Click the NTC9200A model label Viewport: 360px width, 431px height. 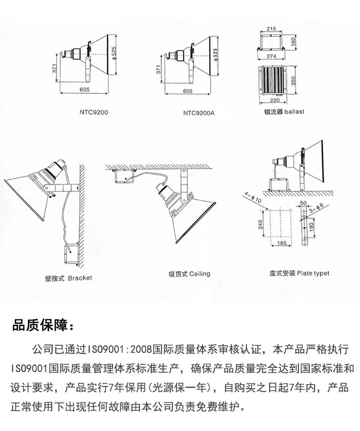point(198,113)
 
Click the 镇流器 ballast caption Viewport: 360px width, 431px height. point(284,112)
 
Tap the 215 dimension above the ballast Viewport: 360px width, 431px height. point(271,28)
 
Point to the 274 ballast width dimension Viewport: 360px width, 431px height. point(271,56)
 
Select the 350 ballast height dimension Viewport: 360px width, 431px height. point(293,81)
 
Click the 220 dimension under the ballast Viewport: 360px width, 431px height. point(274,100)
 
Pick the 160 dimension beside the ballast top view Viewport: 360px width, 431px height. point(293,41)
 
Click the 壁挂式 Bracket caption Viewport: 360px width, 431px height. point(69,278)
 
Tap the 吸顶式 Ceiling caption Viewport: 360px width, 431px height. point(189,274)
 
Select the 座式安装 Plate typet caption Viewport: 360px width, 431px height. point(299,273)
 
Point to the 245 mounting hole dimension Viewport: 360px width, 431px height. point(261,224)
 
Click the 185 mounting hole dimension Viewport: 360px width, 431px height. point(282,243)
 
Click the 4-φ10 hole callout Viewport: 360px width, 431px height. point(253,198)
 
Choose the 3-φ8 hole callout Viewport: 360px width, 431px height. point(316,209)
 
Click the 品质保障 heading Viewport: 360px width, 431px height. point(43,326)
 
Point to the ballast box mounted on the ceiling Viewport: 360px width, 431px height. point(124,177)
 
